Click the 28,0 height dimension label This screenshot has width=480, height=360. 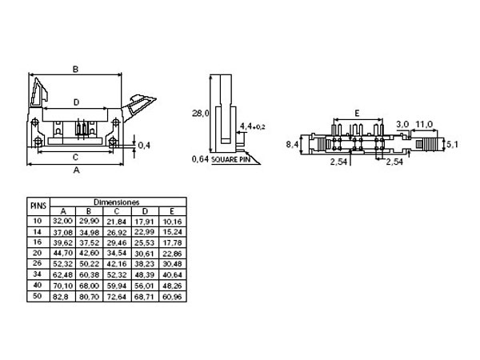pyautogui.click(x=201, y=114)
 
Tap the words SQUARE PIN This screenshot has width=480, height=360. pyautogui.click(x=233, y=158)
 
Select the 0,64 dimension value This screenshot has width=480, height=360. pyautogui.click(x=201, y=158)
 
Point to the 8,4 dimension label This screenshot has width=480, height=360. pyautogui.click(x=293, y=144)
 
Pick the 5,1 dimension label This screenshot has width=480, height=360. pyautogui.click(x=451, y=145)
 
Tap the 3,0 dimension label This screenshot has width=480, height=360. pyautogui.click(x=402, y=124)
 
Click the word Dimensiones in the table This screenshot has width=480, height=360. pyautogui.click(x=117, y=202)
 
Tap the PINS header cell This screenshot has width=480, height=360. pyautogui.click(x=38, y=206)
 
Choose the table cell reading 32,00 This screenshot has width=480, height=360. pyautogui.click(x=63, y=219)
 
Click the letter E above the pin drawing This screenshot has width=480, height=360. pyautogui.click(x=356, y=113)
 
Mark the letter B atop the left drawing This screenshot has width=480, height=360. pyautogui.click(x=75, y=70)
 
